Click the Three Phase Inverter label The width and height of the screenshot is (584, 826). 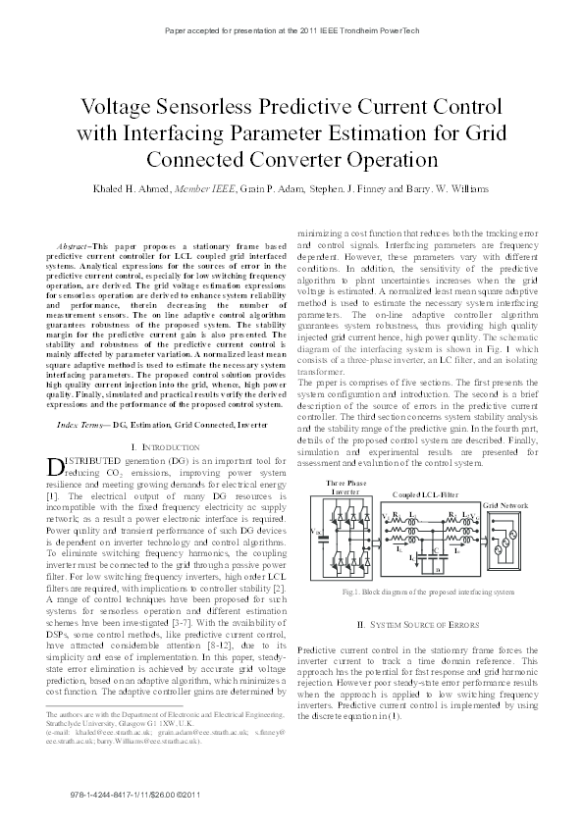coord(346,488)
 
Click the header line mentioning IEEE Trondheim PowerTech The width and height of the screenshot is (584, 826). coord(292,31)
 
